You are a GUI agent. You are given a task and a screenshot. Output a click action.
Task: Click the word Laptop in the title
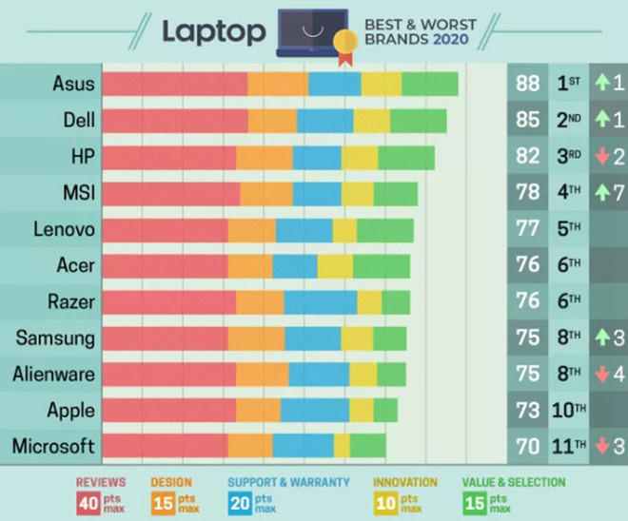coord(213,31)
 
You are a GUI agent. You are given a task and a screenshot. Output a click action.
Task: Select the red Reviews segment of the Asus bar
coord(175,84)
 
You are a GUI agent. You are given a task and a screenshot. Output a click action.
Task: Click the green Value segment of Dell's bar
coord(418,121)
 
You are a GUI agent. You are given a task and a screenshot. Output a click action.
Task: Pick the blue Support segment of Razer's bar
coord(320,302)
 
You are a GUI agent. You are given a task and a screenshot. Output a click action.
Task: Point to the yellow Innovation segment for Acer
coord(335,266)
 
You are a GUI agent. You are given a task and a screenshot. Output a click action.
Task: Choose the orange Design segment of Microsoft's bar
coord(250,446)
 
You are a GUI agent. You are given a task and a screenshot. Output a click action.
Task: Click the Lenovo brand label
coord(64,229)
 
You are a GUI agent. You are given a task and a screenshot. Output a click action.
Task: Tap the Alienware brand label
coord(54,375)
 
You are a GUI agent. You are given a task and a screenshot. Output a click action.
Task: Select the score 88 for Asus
coord(527,84)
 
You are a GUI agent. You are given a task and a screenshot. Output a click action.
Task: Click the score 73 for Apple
coord(527,411)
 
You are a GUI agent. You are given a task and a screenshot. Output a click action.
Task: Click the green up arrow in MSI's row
coord(601,193)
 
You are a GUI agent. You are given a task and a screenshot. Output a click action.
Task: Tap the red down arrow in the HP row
coord(601,157)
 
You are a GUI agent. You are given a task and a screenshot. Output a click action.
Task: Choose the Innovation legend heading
coord(405,482)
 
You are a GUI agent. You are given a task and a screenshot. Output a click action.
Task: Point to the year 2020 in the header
coord(452,40)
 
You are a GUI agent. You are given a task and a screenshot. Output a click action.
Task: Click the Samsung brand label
coord(55,338)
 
